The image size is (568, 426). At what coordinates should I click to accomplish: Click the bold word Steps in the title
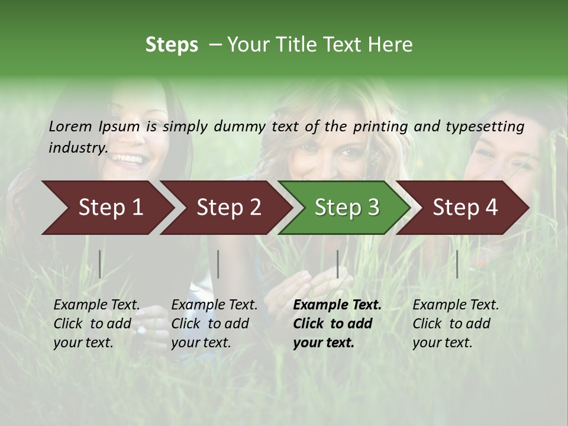click(172, 45)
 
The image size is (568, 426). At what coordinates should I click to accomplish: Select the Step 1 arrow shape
click(106, 207)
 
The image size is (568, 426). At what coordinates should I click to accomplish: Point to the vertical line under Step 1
click(100, 264)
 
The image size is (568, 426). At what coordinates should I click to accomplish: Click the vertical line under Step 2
click(218, 264)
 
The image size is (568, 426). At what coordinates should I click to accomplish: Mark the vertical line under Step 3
click(337, 264)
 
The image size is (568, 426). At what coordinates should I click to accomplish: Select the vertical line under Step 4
click(457, 264)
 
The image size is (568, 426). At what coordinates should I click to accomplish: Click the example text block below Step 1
click(96, 324)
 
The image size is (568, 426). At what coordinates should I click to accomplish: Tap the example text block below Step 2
click(214, 324)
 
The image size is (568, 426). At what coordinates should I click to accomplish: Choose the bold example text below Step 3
click(337, 324)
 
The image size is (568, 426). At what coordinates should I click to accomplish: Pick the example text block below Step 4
click(456, 324)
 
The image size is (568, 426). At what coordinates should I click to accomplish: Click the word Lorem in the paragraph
click(70, 126)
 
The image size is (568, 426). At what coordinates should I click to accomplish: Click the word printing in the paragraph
click(381, 126)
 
